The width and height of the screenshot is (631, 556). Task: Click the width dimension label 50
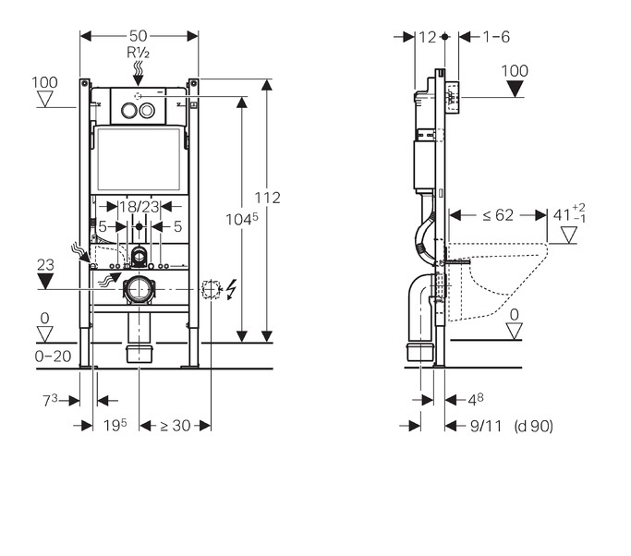pyautogui.click(x=140, y=35)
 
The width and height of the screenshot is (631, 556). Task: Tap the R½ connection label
pyautogui.click(x=139, y=53)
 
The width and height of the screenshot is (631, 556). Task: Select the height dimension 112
pyautogui.click(x=268, y=198)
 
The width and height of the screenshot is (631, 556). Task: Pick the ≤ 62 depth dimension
pyautogui.click(x=498, y=214)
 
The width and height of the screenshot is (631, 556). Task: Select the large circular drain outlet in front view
pyautogui.click(x=140, y=290)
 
